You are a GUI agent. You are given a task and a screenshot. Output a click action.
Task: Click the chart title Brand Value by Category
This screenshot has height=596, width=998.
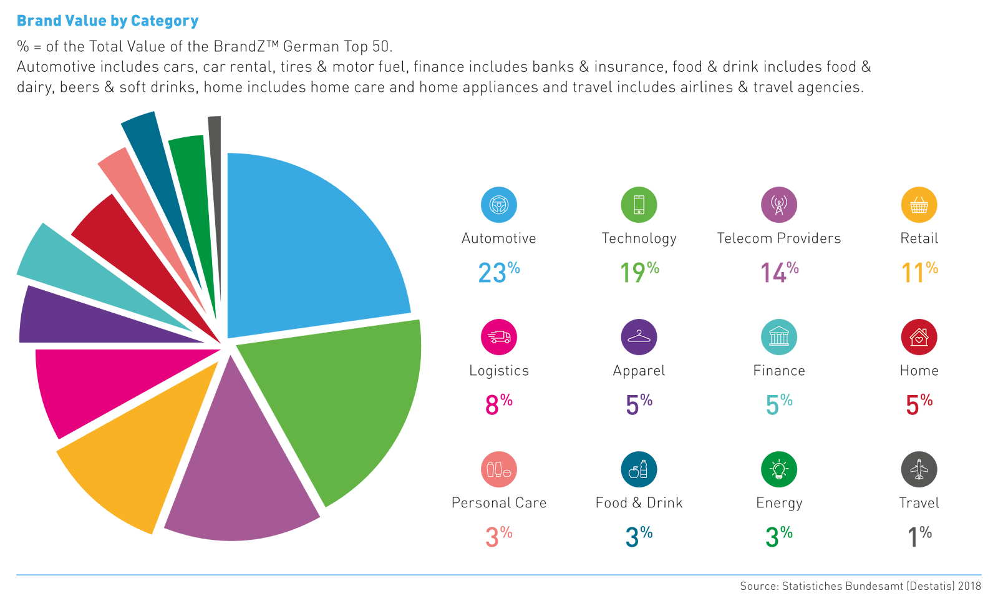tap(107, 21)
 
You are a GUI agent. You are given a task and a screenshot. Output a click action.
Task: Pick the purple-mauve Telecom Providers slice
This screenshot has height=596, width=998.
tap(243, 474)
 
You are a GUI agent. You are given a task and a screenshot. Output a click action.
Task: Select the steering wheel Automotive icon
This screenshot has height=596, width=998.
tap(499, 205)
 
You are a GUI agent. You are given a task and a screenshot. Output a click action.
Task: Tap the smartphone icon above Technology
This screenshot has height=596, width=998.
tap(639, 205)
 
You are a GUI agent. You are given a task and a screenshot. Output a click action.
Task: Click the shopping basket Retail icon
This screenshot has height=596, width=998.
tap(919, 205)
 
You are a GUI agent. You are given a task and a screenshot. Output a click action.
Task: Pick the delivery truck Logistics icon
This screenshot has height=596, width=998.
tap(499, 337)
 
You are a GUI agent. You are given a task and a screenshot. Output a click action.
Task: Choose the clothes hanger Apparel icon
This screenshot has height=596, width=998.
tap(639, 337)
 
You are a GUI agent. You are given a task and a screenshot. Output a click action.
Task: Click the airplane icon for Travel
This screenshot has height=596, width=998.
tap(919, 469)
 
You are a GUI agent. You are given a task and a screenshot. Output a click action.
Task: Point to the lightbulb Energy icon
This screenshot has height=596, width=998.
tap(779, 469)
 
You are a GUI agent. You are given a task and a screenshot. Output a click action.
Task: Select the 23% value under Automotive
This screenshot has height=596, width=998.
tap(498, 272)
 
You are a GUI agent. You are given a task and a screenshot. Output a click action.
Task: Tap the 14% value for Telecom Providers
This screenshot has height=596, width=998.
tap(779, 272)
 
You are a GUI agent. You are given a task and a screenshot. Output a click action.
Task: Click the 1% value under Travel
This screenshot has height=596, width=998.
tap(919, 536)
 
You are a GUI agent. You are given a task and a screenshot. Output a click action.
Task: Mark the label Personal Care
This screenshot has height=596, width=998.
tap(499, 503)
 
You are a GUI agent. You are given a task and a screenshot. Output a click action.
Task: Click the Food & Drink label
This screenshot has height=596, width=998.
tap(639, 503)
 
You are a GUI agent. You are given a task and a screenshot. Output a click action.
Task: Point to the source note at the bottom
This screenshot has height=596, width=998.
tap(860, 586)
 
